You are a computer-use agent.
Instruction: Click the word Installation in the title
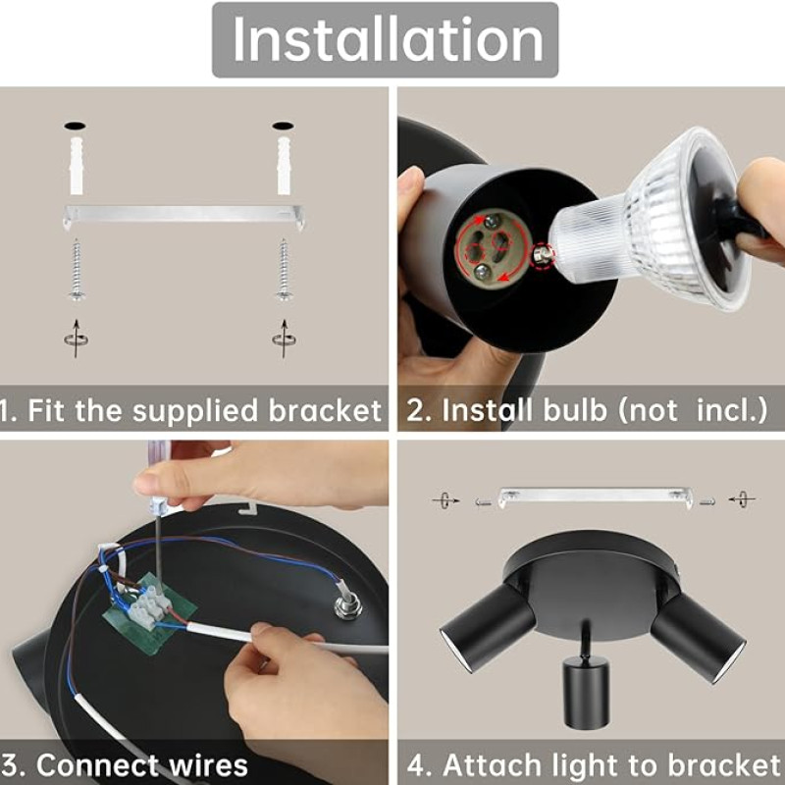click(388, 39)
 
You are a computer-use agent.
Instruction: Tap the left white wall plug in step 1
click(77, 165)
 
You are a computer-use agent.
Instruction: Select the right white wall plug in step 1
click(284, 165)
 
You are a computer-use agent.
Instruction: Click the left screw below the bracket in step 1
click(77, 270)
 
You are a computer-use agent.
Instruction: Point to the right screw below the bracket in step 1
click(284, 270)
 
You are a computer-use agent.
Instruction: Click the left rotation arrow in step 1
click(77, 339)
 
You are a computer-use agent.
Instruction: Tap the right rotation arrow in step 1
click(284, 339)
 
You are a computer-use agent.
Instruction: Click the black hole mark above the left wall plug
click(75, 126)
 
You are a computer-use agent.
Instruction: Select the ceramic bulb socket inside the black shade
click(494, 247)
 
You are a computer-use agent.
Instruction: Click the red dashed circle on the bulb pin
click(543, 255)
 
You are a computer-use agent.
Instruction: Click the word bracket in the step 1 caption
click(326, 410)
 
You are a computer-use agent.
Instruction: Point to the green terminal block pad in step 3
click(149, 614)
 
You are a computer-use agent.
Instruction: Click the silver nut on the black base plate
click(348, 604)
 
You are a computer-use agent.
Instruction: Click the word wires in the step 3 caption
click(208, 765)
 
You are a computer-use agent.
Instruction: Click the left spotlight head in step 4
click(488, 628)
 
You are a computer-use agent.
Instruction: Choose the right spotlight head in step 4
click(699, 638)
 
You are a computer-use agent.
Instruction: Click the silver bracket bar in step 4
click(596, 497)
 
